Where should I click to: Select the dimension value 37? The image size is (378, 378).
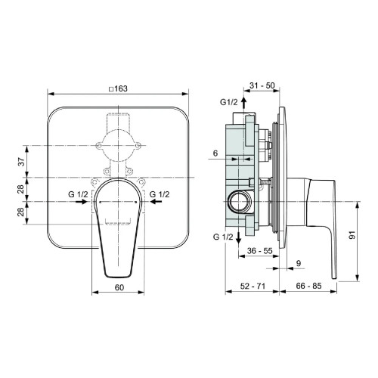pos(21,160)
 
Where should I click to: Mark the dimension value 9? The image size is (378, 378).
pos(299,262)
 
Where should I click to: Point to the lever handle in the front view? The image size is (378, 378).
pos(120,227)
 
